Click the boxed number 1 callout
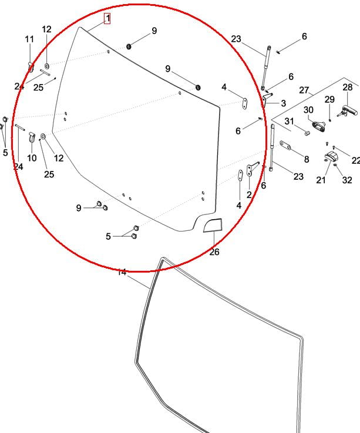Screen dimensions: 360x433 [107, 18]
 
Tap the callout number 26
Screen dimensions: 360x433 [214, 252]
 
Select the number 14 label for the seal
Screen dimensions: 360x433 [122, 272]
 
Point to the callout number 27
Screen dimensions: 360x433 [304, 90]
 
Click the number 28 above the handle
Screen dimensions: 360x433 [348, 88]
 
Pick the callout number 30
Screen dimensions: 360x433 [308, 110]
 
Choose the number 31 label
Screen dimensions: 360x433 [289, 121]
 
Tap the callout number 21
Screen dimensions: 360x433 [321, 180]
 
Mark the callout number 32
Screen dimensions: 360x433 [347, 180]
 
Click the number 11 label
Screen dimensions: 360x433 [29, 39]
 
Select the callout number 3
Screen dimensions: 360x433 [283, 103]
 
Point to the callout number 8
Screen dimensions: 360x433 [307, 159]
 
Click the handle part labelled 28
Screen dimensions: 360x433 [348, 111]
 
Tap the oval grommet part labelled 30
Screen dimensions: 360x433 [319, 126]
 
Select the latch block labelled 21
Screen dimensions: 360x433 [331, 157]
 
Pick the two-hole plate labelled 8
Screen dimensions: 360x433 [285, 145]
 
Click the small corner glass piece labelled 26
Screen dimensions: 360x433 [213, 225]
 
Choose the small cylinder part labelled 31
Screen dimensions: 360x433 [307, 133]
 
